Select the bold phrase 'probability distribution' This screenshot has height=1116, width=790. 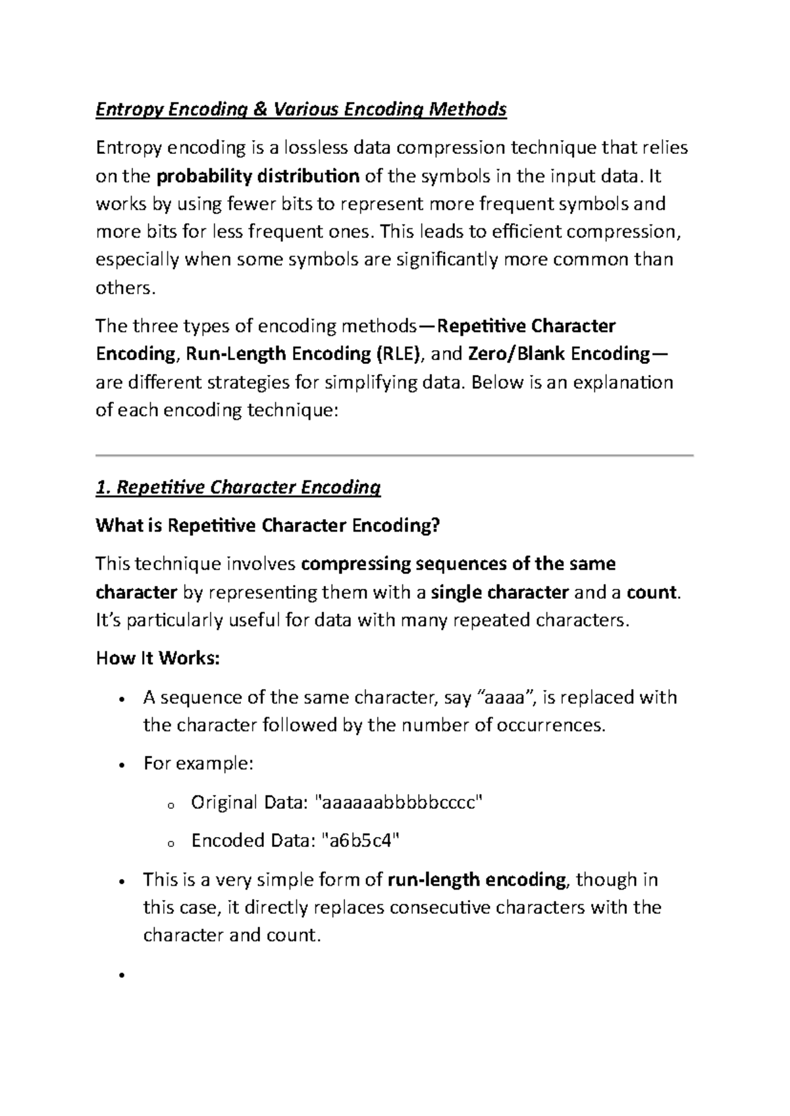(258, 176)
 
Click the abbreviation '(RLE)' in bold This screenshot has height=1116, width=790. (398, 354)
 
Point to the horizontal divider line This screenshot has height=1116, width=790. (394, 455)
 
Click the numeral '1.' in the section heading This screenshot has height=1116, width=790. (103, 488)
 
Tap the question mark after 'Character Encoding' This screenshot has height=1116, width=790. (434, 526)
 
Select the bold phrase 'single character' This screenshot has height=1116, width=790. (500, 592)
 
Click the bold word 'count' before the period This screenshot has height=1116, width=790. (652, 592)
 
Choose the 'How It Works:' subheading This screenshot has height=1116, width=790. (157, 659)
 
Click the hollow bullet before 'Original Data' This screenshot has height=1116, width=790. (170, 805)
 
